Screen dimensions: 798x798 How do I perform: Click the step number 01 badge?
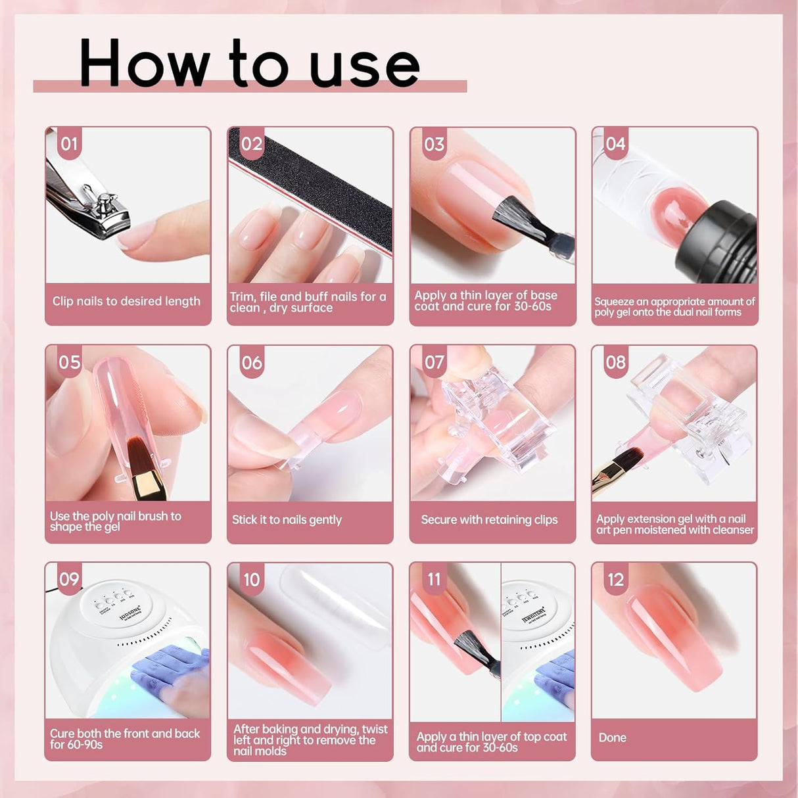69,143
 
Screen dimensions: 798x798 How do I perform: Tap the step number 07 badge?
434,362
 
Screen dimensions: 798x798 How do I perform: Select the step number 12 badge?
615,579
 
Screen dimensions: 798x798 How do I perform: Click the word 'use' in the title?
364,66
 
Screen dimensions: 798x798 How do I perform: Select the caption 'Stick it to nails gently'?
287,520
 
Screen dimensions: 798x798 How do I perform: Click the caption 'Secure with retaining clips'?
489,520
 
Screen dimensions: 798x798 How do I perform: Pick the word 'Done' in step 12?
612,738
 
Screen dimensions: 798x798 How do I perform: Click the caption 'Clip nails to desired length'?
126,302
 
